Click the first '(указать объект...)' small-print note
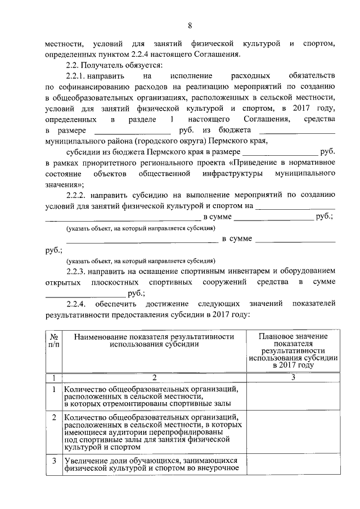(x=139, y=228)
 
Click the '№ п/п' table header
(x=53, y=340)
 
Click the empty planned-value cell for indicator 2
(x=293, y=433)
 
